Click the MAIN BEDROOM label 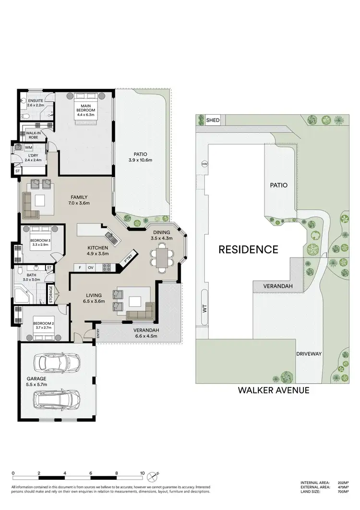[86, 108]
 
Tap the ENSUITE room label [36, 103]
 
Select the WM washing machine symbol [28, 147]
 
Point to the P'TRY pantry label [128, 258]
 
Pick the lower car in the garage [57, 399]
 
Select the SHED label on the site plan [213, 121]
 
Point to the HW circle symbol [204, 164]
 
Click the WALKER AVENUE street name [274, 390]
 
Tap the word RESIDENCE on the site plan [248, 250]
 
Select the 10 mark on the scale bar [142, 473]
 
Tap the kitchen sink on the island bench [109, 236]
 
